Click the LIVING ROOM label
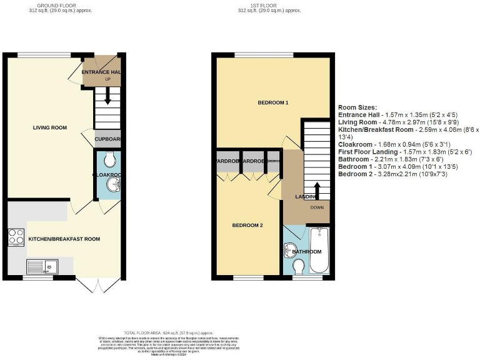tap(49, 127)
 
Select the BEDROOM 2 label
tap(247, 225)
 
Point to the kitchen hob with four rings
tap(15, 237)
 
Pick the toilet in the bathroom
tap(299, 267)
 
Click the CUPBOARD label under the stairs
tap(107, 139)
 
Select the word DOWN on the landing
tap(316, 208)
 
